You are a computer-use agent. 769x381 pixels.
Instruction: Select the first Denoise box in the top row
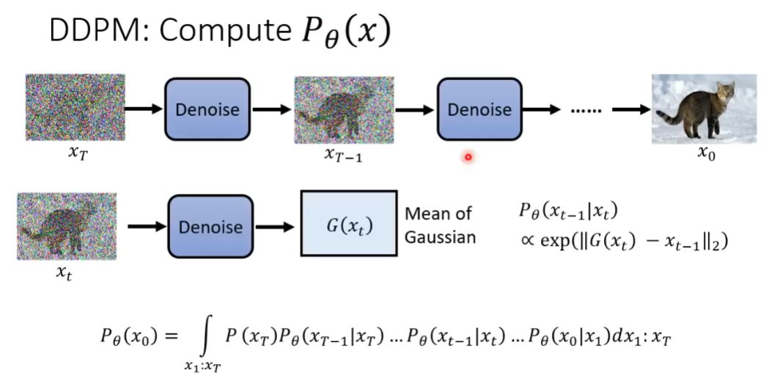[207, 109]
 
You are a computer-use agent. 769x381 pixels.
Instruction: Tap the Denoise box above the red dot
[479, 109]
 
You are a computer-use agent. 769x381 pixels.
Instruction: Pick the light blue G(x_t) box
[349, 223]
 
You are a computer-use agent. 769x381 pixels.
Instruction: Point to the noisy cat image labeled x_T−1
[344, 110]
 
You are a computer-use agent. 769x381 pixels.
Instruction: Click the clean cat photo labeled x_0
[704, 109]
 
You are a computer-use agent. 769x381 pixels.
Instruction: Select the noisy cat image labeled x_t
[67, 226]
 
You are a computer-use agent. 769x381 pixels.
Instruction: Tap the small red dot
[468, 157]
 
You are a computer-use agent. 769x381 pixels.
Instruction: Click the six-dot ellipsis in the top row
[586, 110]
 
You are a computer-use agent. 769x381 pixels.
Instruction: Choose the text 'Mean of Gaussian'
[441, 225]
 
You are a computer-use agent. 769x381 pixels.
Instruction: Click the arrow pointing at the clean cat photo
[630, 110]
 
